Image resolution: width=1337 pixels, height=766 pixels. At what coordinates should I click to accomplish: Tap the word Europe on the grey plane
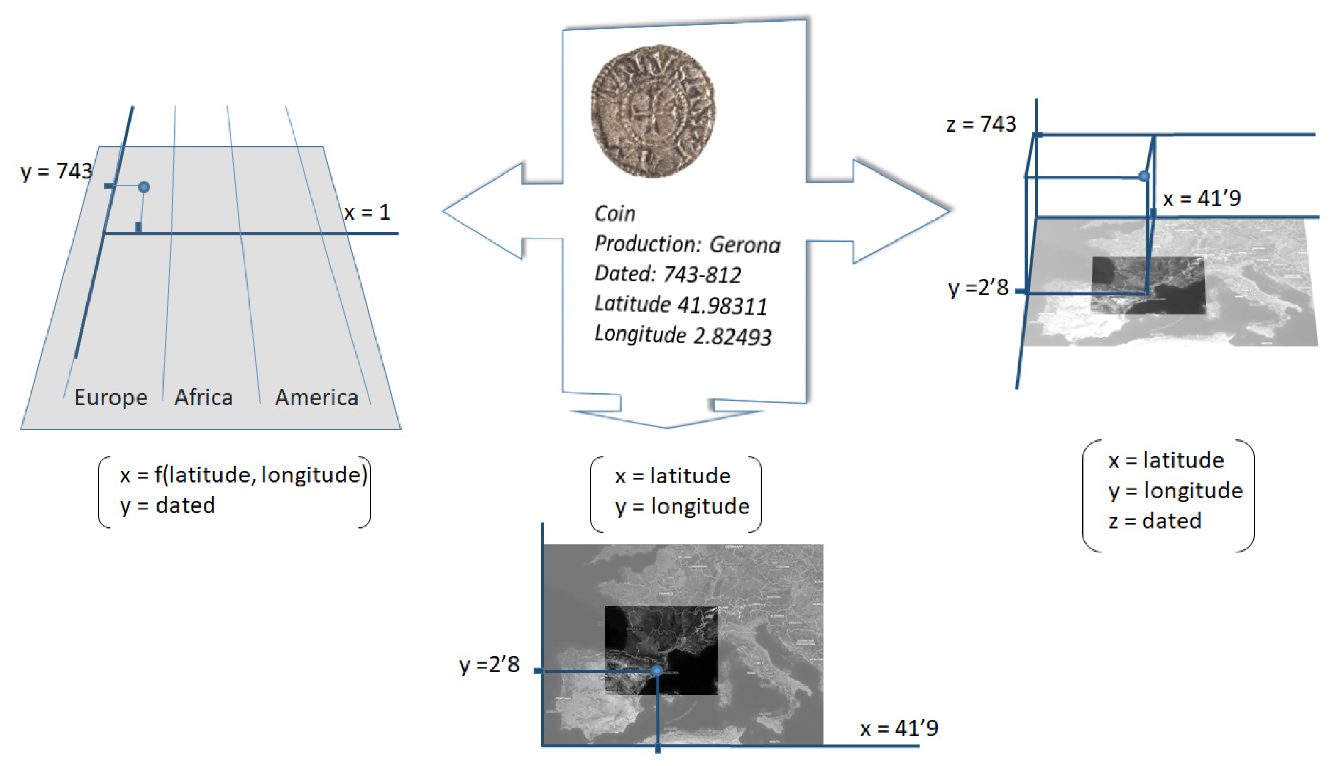click(x=110, y=397)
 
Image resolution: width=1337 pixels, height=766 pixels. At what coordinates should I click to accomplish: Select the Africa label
click(x=204, y=397)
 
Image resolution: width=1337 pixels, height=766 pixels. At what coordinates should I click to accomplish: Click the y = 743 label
click(x=56, y=171)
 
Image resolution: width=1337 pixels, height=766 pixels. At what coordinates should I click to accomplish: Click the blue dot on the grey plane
click(x=144, y=187)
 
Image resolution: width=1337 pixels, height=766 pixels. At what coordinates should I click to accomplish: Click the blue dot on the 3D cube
click(x=1143, y=176)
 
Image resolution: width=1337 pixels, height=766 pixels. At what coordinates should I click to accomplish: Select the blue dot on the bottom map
click(x=657, y=670)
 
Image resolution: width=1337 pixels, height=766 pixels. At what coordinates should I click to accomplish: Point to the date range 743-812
click(x=702, y=275)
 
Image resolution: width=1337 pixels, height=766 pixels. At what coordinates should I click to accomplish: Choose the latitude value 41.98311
click(x=722, y=306)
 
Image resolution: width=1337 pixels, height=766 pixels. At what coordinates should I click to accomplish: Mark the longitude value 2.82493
click(x=732, y=337)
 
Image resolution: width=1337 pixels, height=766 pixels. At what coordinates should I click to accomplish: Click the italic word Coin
click(x=615, y=214)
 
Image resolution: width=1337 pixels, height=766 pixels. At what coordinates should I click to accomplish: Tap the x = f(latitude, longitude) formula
click(x=243, y=475)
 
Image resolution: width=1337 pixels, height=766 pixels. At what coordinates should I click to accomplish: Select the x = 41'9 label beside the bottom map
click(x=899, y=728)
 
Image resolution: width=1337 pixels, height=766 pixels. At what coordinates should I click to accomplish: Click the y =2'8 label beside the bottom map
click(x=490, y=664)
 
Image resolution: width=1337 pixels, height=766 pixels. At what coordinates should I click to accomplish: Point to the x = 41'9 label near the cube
click(x=1201, y=198)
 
